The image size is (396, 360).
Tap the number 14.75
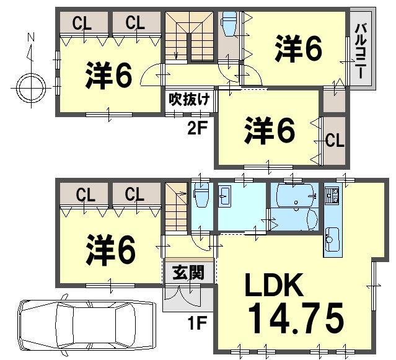coord(296,319)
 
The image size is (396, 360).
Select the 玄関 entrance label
coord(188,273)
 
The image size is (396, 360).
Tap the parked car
coord(87,324)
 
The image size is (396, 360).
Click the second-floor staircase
coord(189,38)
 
